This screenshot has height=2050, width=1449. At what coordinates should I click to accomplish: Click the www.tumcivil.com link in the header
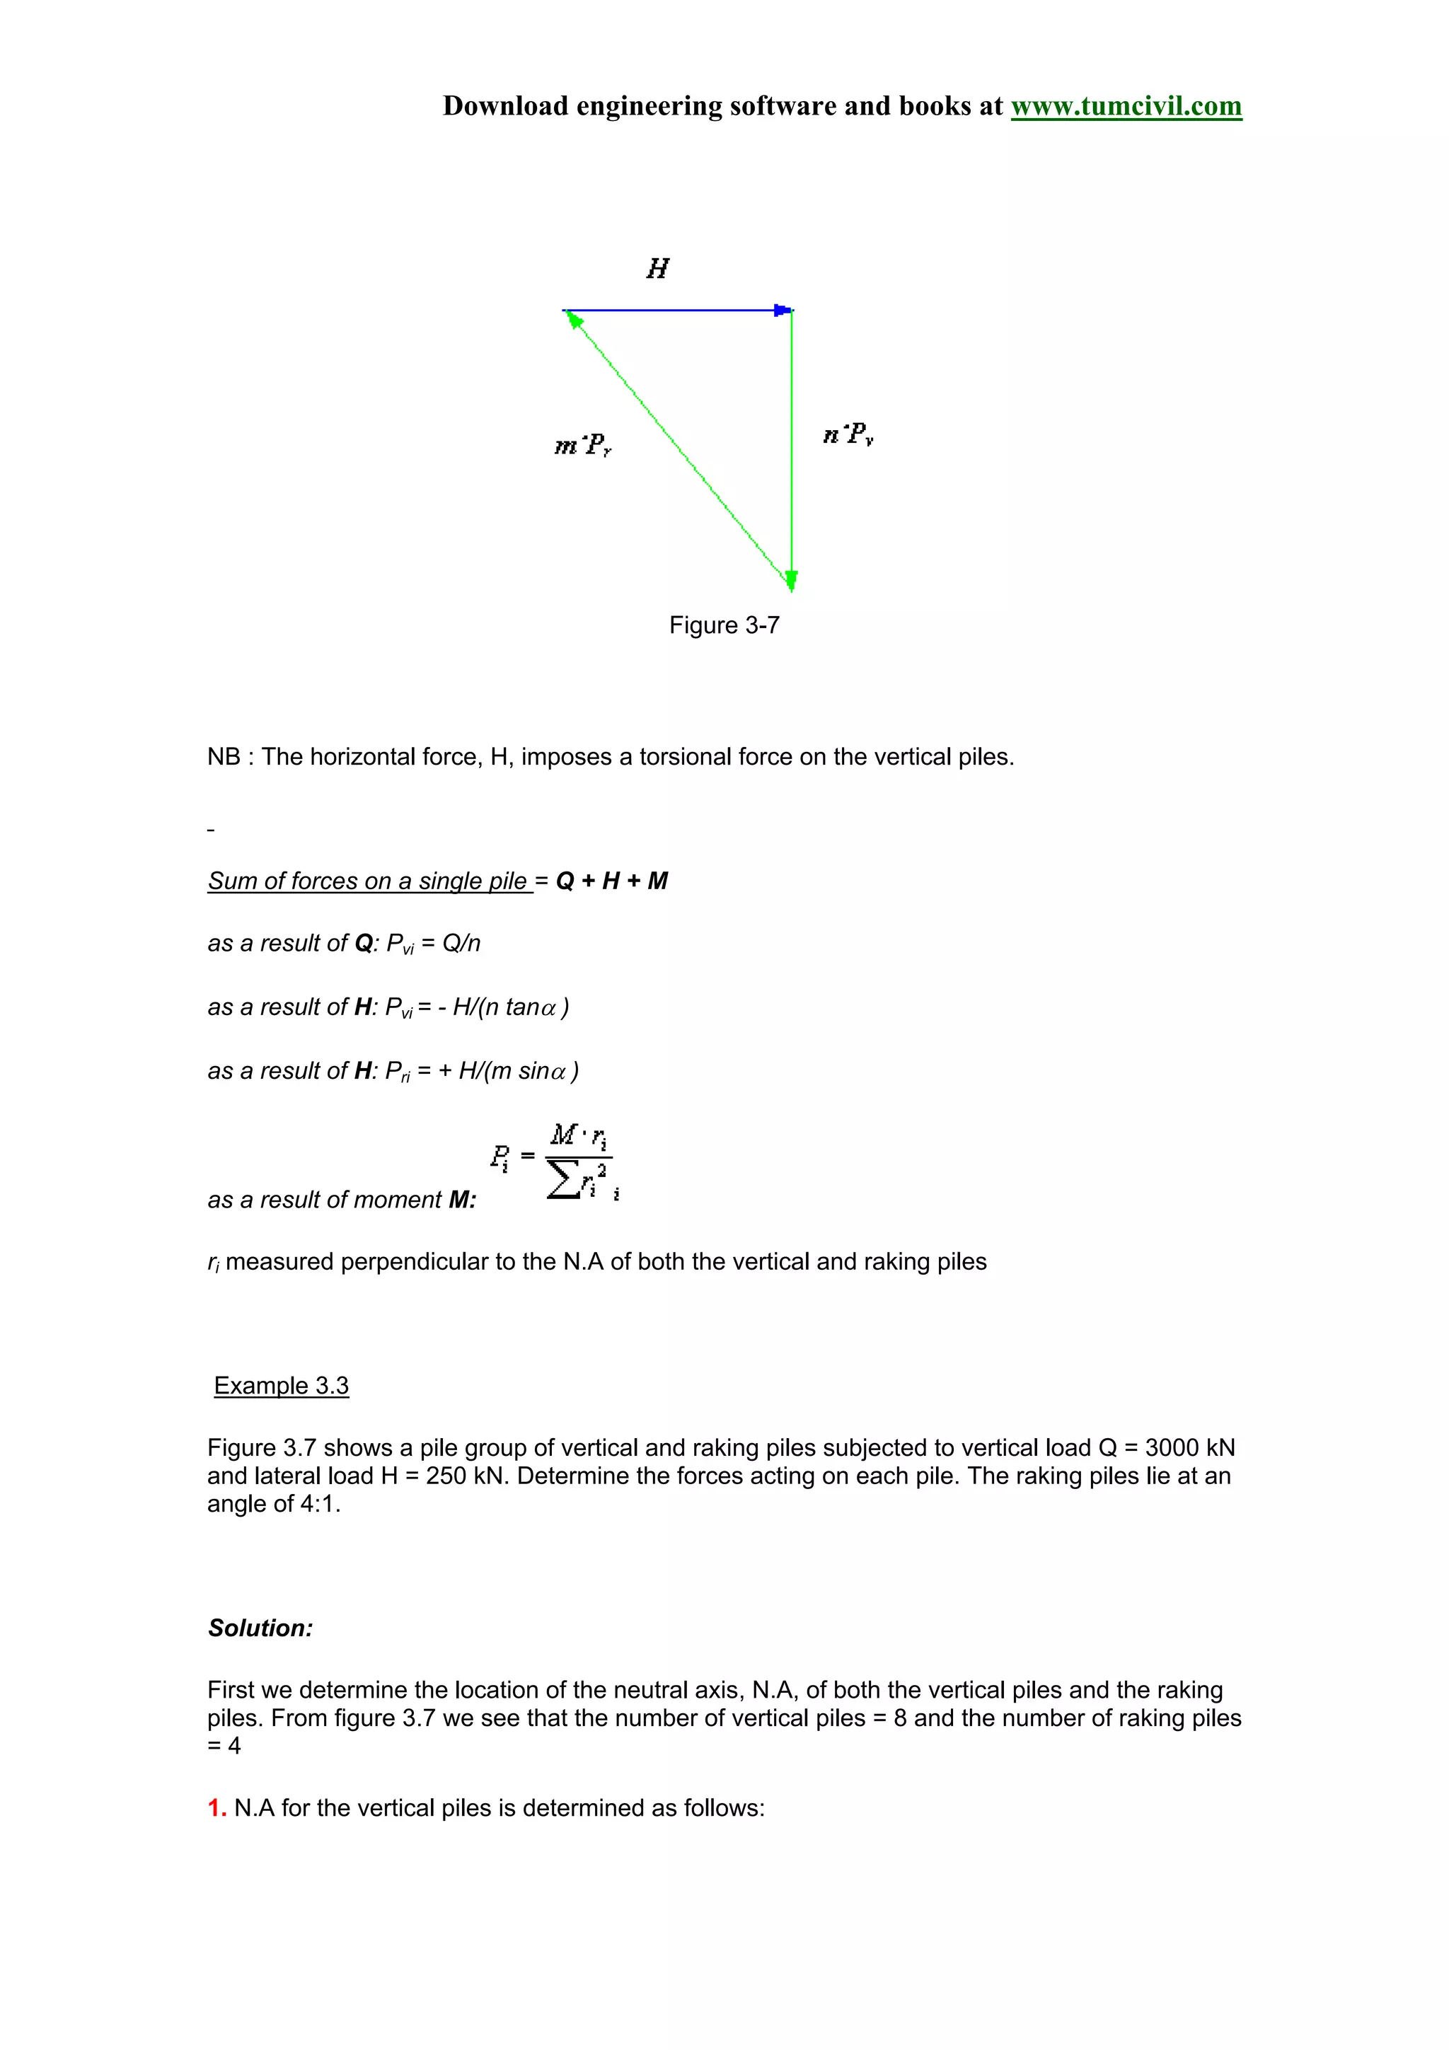click(1125, 106)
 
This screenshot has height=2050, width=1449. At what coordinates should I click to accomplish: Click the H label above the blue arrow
click(657, 269)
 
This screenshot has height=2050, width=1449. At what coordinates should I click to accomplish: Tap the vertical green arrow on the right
click(792, 446)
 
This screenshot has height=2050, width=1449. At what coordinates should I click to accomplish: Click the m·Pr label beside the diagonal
click(582, 445)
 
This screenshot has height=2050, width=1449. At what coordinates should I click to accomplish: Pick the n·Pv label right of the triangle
click(848, 435)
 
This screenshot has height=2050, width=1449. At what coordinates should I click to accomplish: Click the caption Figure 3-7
click(724, 625)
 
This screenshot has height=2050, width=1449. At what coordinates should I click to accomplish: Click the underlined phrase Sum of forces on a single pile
click(369, 881)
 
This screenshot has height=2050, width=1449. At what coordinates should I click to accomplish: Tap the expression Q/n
click(461, 944)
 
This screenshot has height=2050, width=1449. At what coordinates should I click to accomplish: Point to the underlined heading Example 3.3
click(281, 1386)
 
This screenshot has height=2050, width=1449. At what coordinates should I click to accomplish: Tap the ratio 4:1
click(318, 1505)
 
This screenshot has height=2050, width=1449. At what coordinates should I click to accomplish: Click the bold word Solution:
click(260, 1628)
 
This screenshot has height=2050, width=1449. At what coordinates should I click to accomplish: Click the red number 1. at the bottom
click(216, 1808)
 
